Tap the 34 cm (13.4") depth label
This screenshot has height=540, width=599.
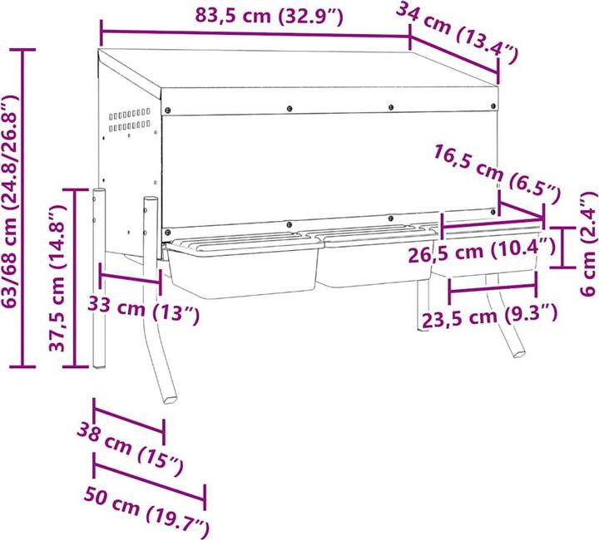click(457, 33)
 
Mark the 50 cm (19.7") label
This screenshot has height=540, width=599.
click(146, 508)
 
